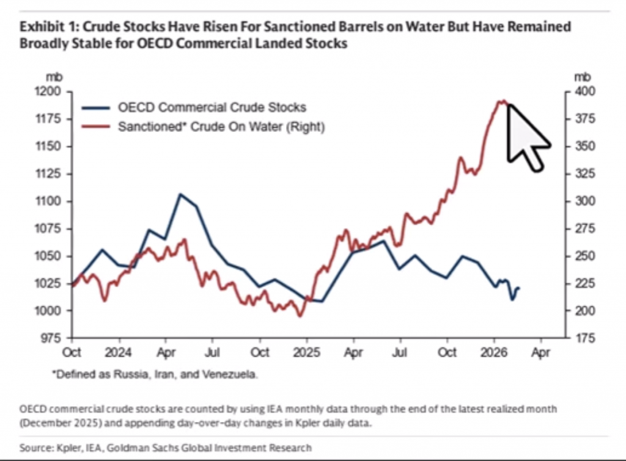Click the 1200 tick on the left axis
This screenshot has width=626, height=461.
click(x=51, y=92)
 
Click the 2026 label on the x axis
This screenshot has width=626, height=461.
click(x=494, y=353)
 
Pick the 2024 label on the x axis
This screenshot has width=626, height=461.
click(x=119, y=353)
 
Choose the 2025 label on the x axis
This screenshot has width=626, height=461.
click(x=307, y=353)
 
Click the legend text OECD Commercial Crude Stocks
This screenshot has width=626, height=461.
click(x=212, y=107)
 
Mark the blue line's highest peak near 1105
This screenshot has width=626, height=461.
click(x=180, y=194)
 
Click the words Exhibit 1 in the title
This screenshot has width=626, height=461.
click(x=46, y=27)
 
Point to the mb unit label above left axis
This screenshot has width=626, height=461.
click(x=52, y=77)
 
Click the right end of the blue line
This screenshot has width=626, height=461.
click(x=519, y=288)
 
